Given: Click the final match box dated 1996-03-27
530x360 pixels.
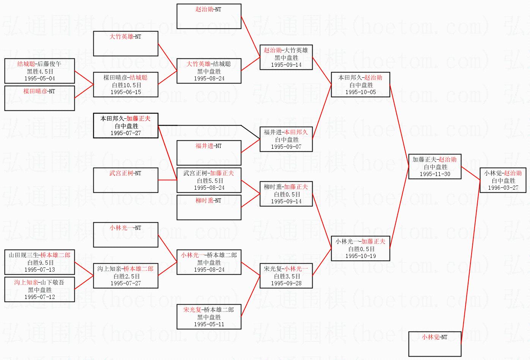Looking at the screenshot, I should tap(503, 180).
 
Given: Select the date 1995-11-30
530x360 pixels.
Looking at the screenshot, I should tap(435, 174).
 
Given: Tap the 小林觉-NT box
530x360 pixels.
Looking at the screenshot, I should tap(435, 344).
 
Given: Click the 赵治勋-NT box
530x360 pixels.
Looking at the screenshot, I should tap(209, 16).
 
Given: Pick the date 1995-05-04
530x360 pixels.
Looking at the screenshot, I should tap(39, 79).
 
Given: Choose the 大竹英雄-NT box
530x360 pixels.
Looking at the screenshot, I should tap(126, 44).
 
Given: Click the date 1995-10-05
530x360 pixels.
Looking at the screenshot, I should tap(360, 92).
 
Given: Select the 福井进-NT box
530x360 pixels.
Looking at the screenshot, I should tap(209, 153).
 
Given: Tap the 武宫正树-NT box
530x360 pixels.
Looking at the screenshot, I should tap(126, 180).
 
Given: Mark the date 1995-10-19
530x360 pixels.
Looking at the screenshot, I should tap(360, 256).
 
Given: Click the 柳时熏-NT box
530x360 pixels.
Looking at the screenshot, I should tap(209, 208).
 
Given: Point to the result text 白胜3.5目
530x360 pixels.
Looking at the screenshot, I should tap(286, 276).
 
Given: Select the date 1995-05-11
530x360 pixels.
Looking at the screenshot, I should tap(209, 324).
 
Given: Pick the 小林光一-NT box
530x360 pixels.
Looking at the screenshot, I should tap(126, 235).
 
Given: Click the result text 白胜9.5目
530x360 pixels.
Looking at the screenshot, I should tap(39, 263).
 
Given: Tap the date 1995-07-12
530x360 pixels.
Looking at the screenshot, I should tap(39, 297).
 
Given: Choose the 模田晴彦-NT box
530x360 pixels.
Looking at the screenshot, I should tap(39, 98).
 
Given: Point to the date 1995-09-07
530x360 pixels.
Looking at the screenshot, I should tap(286, 147).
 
